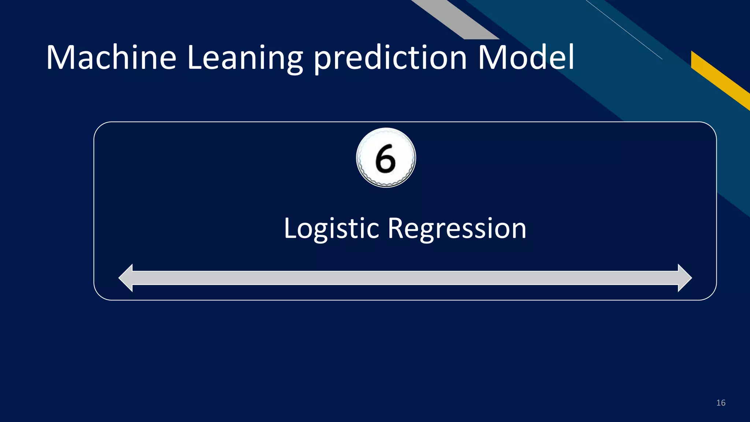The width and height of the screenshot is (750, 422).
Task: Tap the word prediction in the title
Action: tap(390, 59)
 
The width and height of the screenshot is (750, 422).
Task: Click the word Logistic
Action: tap(331, 229)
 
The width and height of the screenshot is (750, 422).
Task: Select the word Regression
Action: tap(457, 229)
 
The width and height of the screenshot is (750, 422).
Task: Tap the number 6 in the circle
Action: tap(386, 158)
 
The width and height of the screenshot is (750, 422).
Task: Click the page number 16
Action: tap(721, 403)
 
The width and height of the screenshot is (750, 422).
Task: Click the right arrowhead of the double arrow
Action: tap(684, 278)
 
